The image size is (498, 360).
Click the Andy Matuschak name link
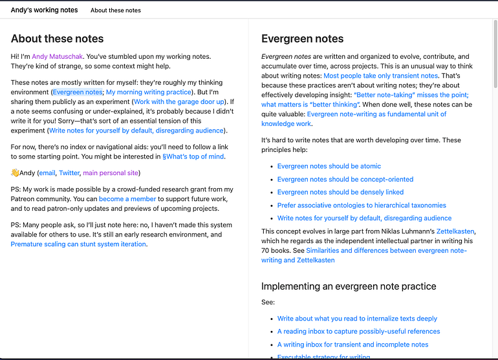57,56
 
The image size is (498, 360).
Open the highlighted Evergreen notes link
78,92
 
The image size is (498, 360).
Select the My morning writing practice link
149,92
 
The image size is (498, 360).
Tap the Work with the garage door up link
179,101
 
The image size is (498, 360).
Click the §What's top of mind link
194,156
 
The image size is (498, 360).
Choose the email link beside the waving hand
47,173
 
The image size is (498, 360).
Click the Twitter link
69,173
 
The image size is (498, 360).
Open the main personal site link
110,173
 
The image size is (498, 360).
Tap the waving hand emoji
15,173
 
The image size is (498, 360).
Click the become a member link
127,199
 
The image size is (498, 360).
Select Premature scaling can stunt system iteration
78,244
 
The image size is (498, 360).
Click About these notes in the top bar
116,10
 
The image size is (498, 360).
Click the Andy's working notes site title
44,10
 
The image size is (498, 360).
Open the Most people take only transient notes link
380,76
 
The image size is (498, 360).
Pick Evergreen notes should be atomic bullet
329,166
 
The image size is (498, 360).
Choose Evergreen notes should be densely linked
340,192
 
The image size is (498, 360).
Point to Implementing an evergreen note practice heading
349,286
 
